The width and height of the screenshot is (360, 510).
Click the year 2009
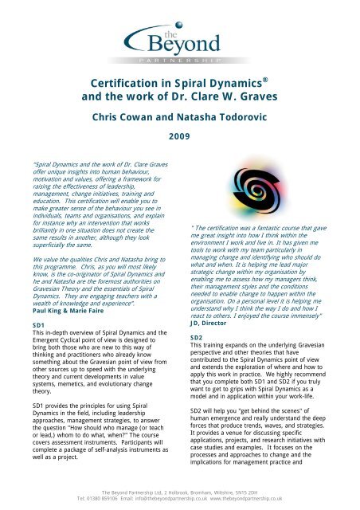(x=179, y=137)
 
